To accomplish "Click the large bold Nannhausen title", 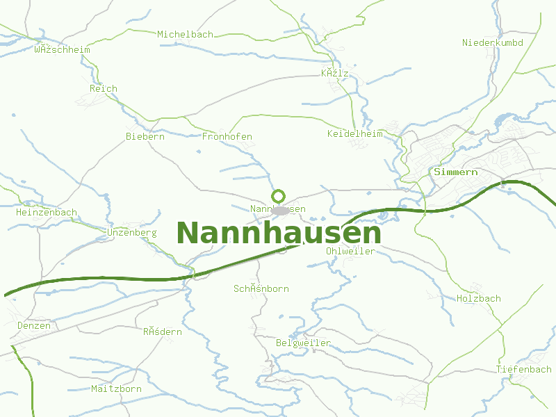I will (x=279, y=233).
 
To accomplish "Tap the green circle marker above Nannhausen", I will (x=279, y=196).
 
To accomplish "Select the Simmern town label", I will (x=455, y=171).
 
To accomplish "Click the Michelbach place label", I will (x=185, y=34).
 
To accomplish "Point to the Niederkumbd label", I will (x=492, y=42).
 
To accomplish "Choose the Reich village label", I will (x=104, y=88).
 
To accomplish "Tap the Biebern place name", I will (x=145, y=136).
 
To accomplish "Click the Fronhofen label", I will (x=227, y=136).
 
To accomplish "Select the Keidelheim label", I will (x=354, y=133).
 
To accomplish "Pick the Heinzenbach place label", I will (x=47, y=212).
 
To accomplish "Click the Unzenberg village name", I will (x=132, y=231).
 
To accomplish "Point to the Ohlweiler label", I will (x=350, y=251).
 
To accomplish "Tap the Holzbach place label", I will (x=478, y=298).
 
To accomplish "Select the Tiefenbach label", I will (x=523, y=369).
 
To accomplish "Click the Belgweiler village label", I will (x=303, y=343).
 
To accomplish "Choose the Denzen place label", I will (x=34, y=325).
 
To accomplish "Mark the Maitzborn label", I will (x=116, y=389).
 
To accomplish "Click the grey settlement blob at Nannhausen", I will (x=279, y=210).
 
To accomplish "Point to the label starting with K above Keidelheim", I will (x=334, y=73).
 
